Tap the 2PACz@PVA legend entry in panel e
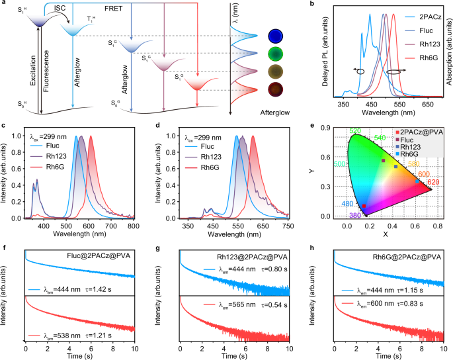pos(421,132)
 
